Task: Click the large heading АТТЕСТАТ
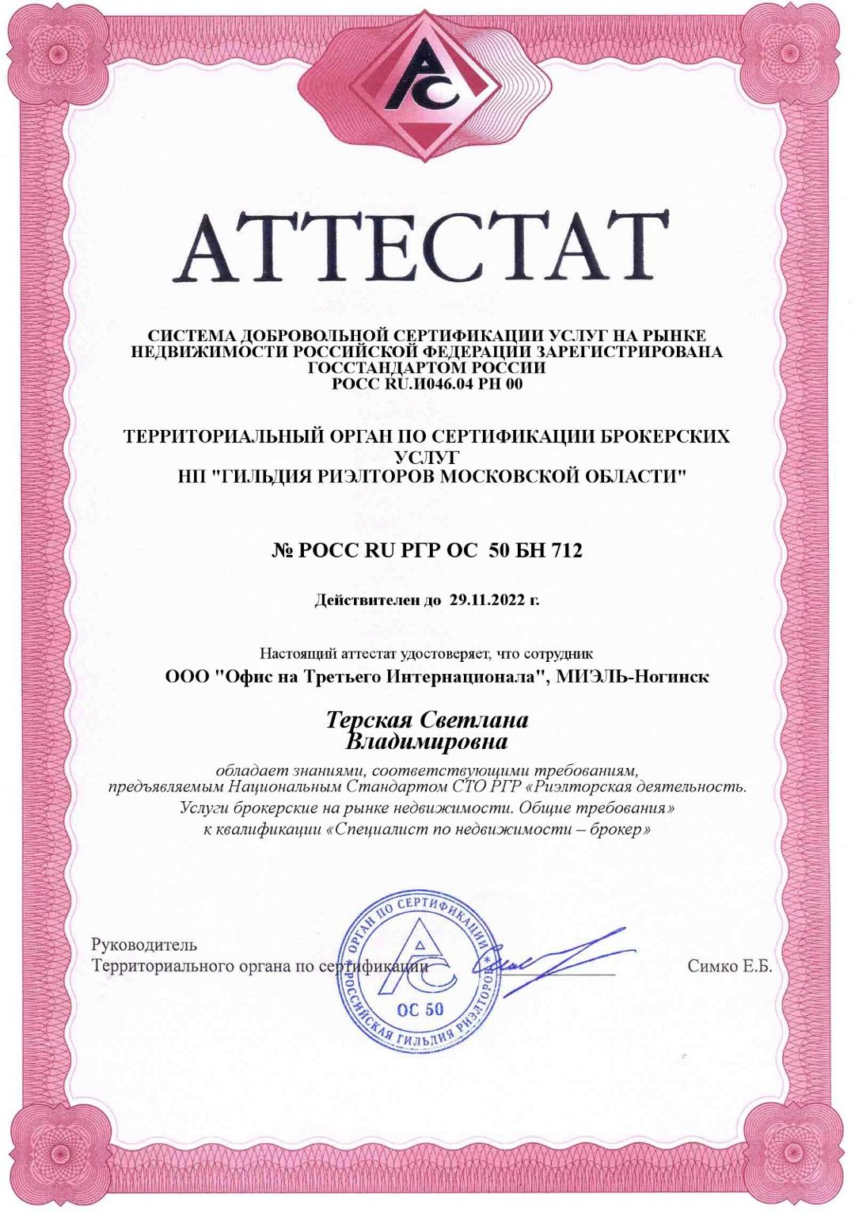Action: pyautogui.click(x=421, y=247)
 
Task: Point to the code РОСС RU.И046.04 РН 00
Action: pyautogui.click(x=427, y=385)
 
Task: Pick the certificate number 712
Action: pyautogui.click(x=568, y=550)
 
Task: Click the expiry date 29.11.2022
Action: pyautogui.click(x=487, y=600)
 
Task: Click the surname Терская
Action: pyautogui.click(x=369, y=720)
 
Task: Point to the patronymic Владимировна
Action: pyautogui.click(x=427, y=742)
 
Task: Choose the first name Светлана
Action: pyautogui.click(x=473, y=720)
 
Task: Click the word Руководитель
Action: pyautogui.click(x=144, y=945)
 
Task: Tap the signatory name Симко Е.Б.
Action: pyautogui.click(x=729, y=966)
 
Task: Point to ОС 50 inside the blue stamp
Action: pyautogui.click(x=420, y=1010)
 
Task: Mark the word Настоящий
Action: pyautogui.click(x=298, y=654)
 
